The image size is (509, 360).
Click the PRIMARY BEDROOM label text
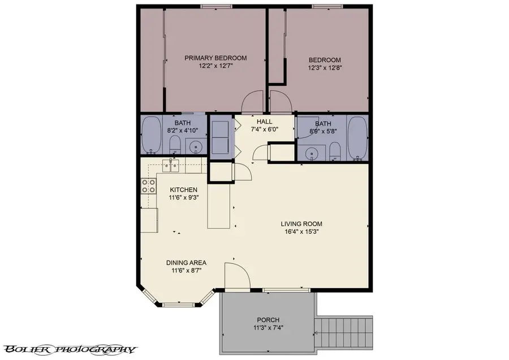[x=216, y=58]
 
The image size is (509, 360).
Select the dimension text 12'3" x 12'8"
[x=325, y=68]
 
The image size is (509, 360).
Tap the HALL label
[x=264, y=122]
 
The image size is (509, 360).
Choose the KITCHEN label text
[x=184, y=190]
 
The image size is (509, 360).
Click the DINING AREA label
[x=186, y=263]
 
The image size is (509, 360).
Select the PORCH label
[x=268, y=320]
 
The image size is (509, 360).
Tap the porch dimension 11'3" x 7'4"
[x=268, y=328]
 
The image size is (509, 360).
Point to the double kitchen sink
[x=171, y=165]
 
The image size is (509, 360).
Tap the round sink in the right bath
[x=311, y=151]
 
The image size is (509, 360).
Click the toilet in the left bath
[x=175, y=145]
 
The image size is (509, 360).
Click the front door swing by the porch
[x=236, y=277]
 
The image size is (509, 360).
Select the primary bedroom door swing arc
[x=252, y=102]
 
